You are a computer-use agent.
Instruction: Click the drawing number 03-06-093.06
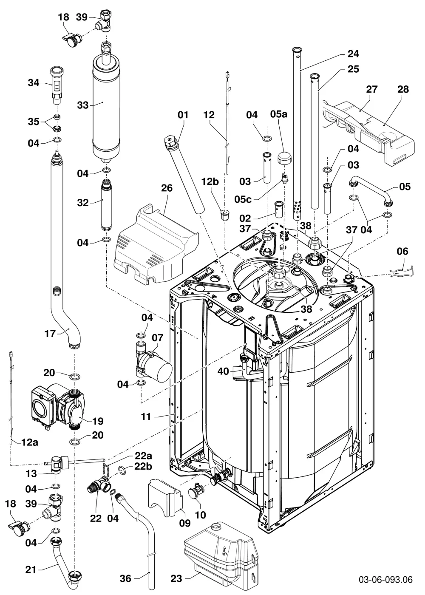point(386,579)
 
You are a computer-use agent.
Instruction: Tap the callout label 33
point(82,105)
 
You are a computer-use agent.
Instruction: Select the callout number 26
point(167,188)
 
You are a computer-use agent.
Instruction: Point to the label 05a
point(279,114)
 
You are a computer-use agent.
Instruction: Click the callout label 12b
point(210,182)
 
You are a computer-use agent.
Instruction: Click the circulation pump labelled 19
point(56,409)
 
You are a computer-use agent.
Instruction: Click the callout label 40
point(223,371)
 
